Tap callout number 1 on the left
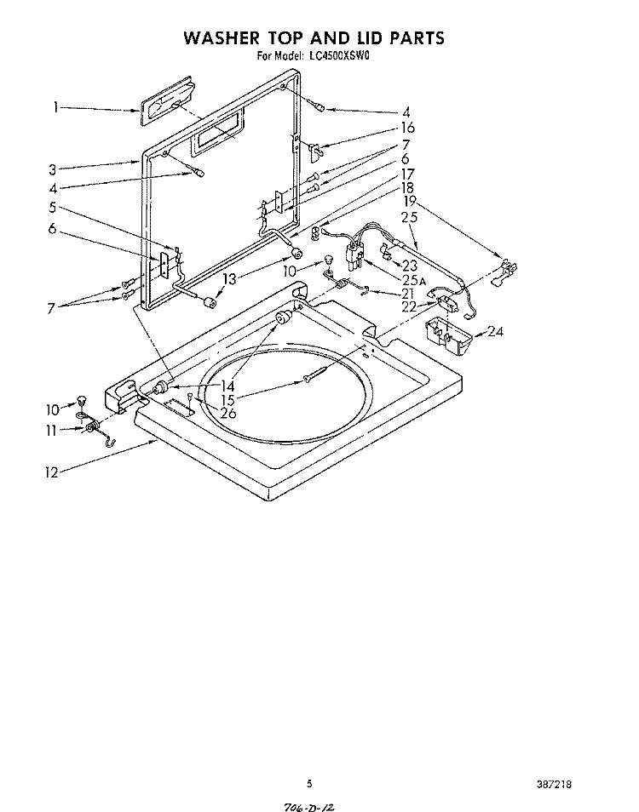click(x=55, y=108)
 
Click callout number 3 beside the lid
click(x=52, y=170)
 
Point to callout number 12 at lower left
click(x=52, y=472)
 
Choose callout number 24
click(x=496, y=331)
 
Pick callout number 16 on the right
click(x=408, y=128)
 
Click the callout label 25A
click(x=413, y=281)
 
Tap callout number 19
click(x=410, y=201)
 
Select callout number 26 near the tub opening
click(x=228, y=413)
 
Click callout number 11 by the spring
click(x=51, y=431)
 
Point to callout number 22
click(x=409, y=306)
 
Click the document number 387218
click(x=554, y=770)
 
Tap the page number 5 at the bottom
click(x=309, y=769)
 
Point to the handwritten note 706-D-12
click(x=310, y=807)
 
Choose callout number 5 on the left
click(x=52, y=207)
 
